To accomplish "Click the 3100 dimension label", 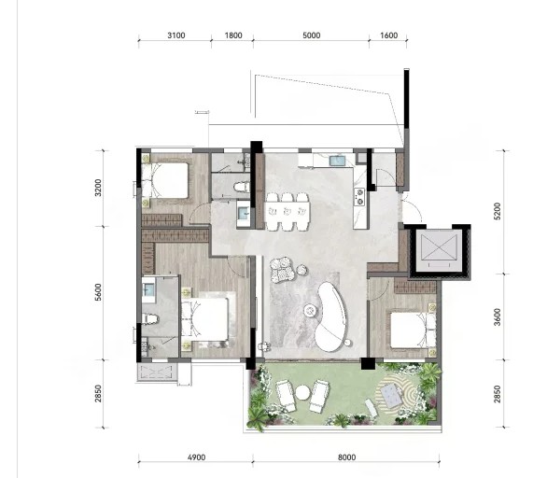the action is point(176,35).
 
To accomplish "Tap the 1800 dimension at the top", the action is point(233,35).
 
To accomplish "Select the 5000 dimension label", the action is point(312,35).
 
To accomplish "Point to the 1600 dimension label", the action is point(388,35).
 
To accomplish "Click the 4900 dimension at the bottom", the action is point(196,457).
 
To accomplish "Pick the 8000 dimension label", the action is point(346,457).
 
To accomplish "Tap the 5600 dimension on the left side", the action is point(98,292).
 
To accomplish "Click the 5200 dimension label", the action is point(498,211).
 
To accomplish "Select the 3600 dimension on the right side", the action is point(498,316).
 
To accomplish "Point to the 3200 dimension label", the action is point(98,188).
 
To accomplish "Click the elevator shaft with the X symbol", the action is point(439,250).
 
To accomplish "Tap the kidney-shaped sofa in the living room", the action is point(331,316).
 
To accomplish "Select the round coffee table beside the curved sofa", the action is point(309,310).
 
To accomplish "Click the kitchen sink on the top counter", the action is point(337,161).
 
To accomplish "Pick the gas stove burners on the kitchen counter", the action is point(359,196).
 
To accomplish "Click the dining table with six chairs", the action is point(288,212).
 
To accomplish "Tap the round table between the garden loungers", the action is point(302,393).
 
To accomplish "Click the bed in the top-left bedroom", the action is point(165,181).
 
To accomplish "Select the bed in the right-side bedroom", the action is point(413,330).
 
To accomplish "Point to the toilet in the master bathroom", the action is point(150,318).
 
